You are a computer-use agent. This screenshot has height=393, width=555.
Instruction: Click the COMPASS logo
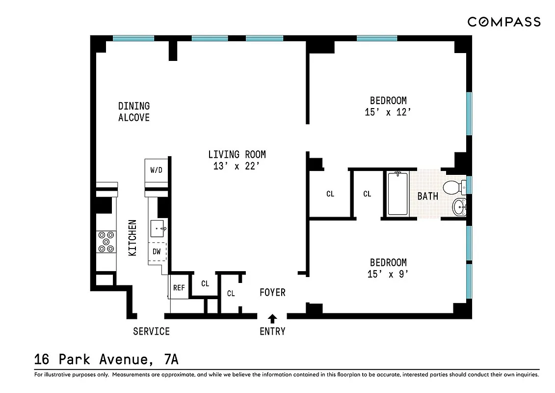[x=503, y=22]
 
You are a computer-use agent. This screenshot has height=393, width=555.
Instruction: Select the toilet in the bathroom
[x=453, y=187]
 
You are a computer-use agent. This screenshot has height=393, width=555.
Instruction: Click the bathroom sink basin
[x=459, y=207]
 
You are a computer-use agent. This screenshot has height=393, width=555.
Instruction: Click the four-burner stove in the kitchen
[x=105, y=242]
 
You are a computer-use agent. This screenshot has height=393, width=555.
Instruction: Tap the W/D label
[x=157, y=170]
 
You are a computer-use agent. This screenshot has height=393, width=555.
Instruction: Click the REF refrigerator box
[x=179, y=288]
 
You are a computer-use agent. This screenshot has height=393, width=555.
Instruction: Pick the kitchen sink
[x=159, y=228]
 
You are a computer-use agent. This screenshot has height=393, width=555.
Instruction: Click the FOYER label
[x=272, y=293]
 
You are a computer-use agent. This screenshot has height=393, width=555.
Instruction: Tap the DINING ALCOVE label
[x=134, y=112]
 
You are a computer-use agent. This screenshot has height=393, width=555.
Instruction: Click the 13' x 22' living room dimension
[x=237, y=167]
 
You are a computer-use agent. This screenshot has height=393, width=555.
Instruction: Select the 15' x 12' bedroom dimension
[x=388, y=112]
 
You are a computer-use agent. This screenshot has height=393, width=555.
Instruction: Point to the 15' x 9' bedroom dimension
[x=388, y=275]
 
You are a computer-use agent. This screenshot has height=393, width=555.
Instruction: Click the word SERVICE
[x=151, y=332]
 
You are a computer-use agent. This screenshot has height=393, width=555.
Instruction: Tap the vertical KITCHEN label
[x=132, y=238]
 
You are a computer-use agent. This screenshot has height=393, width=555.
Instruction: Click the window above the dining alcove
[x=133, y=38]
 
